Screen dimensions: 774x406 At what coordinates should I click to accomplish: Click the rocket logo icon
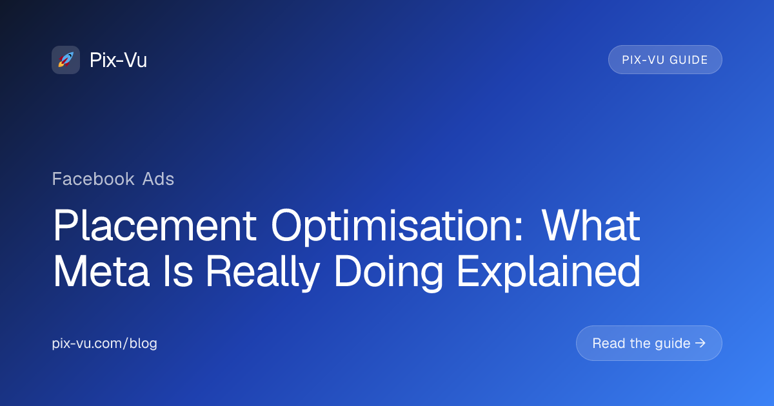[x=66, y=60]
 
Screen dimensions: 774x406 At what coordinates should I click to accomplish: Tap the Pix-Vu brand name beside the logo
[x=118, y=60]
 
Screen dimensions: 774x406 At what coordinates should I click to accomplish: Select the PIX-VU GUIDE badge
[x=665, y=60]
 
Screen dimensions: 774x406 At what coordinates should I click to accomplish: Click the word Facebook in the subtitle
[x=94, y=179]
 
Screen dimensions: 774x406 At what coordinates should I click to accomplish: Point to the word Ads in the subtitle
[x=158, y=179]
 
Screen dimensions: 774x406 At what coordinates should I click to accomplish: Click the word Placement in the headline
[x=155, y=225]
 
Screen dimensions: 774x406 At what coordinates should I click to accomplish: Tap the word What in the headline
[x=591, y=225]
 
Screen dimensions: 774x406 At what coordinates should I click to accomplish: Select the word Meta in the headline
[x=101, y=271]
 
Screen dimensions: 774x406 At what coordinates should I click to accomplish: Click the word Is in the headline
[x=178, y=271]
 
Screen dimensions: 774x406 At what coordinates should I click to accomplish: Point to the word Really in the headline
[x=263, y=273]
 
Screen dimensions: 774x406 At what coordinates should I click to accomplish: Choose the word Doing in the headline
[x=388, y=273]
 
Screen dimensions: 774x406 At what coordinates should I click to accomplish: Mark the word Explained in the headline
[x=549, y=273]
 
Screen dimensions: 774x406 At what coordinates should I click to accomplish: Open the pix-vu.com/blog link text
[x=104, y=343]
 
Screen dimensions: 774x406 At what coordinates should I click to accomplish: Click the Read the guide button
[x=649, y=343]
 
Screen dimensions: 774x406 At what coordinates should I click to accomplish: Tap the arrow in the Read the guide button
[x=700, y=343]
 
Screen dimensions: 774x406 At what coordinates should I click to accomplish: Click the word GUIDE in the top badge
[x=689, y=60]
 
